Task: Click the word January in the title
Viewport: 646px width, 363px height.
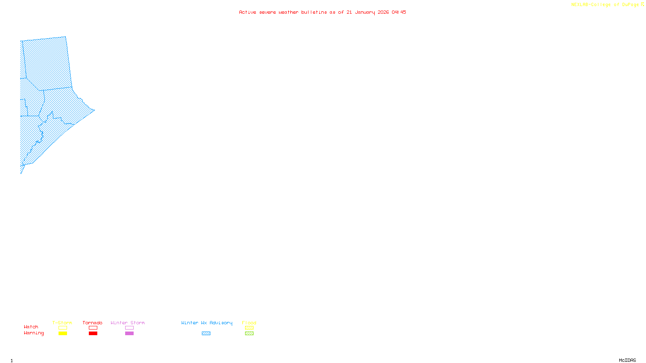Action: (x=365, y=12)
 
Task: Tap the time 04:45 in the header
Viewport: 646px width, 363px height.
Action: (x=399, y=12)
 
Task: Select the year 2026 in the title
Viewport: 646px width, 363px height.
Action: (x=383, y=12)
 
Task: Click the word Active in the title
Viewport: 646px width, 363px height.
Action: (x=247, y=12)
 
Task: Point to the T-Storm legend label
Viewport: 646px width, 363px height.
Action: (x=62, y=323)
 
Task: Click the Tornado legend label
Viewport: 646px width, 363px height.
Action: (x=92, y=323)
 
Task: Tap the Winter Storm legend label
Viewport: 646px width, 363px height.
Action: (x=128, y=323)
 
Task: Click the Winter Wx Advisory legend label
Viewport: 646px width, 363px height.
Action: (x=207, y=323)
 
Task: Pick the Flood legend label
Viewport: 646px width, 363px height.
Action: (x=249, y=323)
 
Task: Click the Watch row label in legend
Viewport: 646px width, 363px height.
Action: (x=31, y=327)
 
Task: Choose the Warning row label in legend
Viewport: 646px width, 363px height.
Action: (x=34, y=333)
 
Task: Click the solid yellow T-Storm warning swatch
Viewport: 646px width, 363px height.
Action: (x=63, y=334)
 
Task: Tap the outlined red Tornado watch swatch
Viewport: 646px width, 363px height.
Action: (x=93, y=328)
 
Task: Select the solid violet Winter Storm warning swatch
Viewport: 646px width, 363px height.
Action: (x=129, y=334)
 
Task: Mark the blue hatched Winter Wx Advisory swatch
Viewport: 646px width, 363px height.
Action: (x=206, y=334)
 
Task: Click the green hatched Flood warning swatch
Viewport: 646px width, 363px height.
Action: (x=249, y=334)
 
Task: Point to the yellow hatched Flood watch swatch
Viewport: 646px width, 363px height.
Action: (x=249, y=328)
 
